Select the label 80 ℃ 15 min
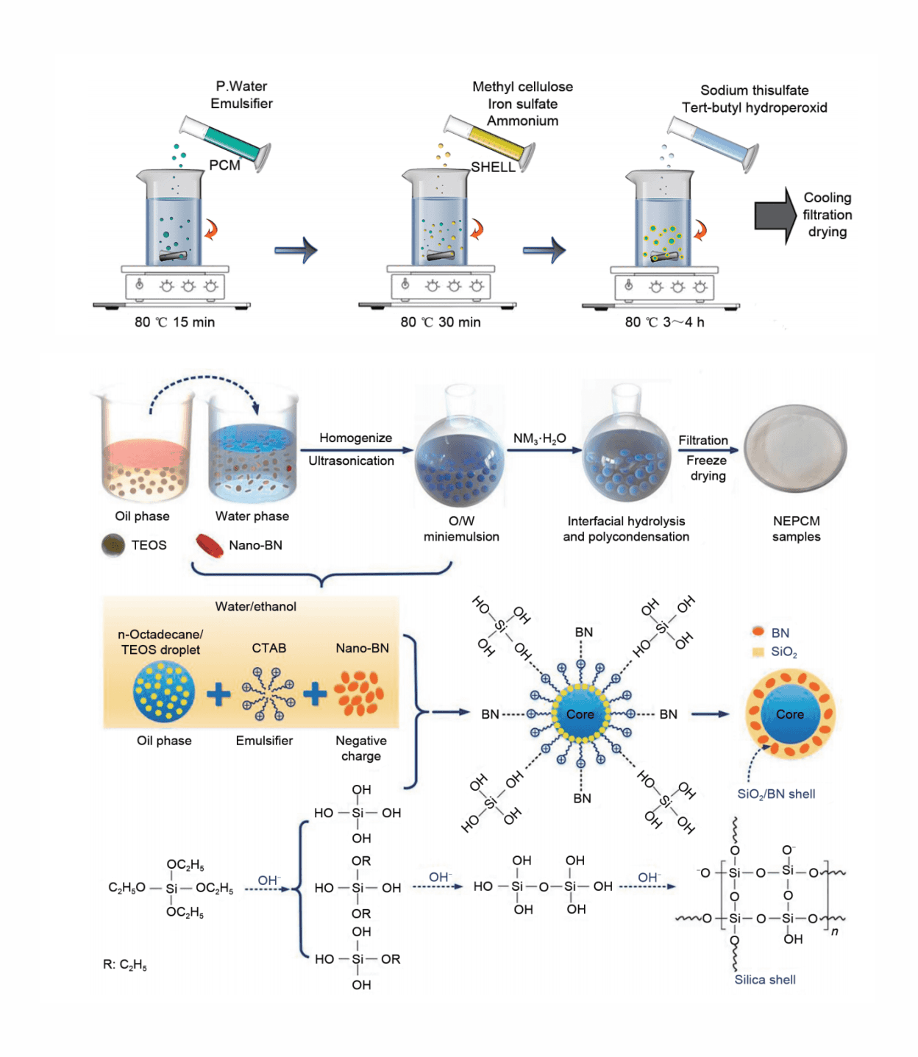click(x=174, y=322)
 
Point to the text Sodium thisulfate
click(x=754, y=90)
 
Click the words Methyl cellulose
click(x=522, y=87)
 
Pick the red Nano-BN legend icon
click(x=210, y=545)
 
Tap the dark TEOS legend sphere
click(x=113, y=545)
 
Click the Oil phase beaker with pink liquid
click(x=144, y=449)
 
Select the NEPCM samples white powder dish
click(x=795, y=449)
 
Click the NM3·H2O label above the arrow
click(x=539, y=438)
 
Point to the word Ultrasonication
click(x=351, y=461)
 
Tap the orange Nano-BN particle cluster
click(x=359, y=693)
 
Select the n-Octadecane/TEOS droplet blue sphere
click(x=164, y=691)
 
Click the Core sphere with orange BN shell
click(x=790, y=713)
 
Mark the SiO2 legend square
click(x=758, y=652)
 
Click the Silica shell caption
click(x=765, y=980)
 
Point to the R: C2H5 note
click(x=125, y=964)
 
